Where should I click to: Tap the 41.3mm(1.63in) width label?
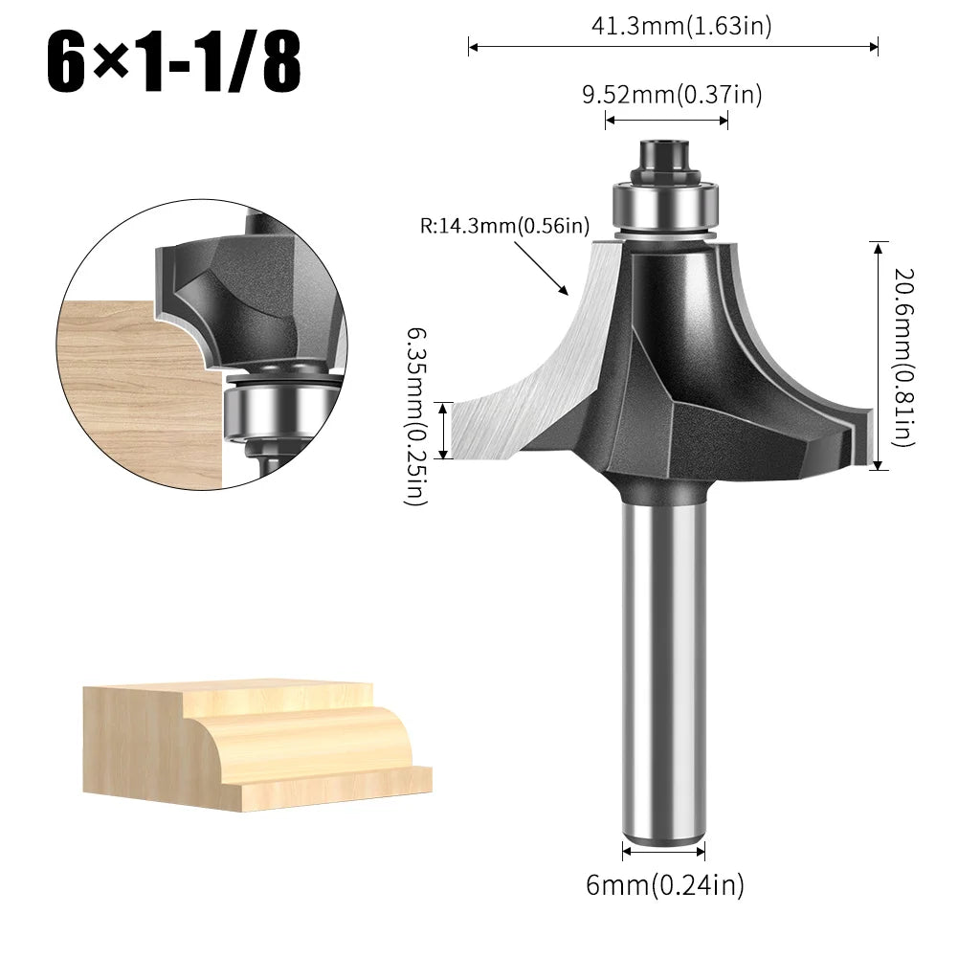point(680,26)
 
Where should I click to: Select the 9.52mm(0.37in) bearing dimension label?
point(672,94)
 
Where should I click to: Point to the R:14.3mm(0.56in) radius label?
point(503,227)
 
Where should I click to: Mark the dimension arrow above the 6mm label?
point(663,849)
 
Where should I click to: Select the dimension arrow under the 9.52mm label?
point(666,121)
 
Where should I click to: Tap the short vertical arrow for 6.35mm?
point(443,431)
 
